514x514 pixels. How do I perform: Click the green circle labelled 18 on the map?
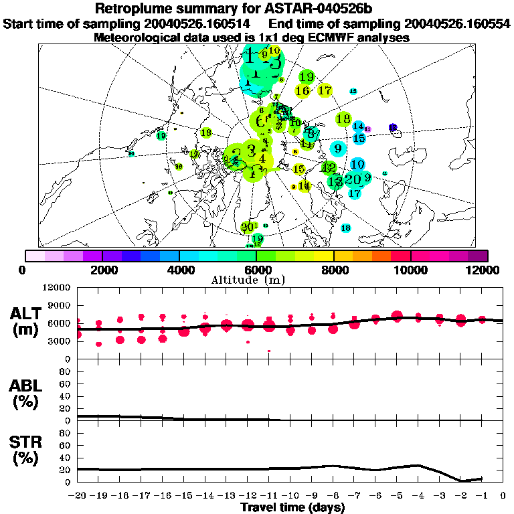343,119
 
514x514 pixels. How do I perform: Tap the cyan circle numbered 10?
357,164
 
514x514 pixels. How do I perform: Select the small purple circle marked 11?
367,128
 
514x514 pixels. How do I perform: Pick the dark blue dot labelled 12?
393,127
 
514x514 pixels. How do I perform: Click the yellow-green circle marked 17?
325,90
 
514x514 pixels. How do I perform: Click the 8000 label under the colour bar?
333,270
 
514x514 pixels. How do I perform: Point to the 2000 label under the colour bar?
102,270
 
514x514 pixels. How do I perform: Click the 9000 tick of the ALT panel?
58,305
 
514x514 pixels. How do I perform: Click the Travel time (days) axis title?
292,507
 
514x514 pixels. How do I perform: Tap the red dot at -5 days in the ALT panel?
397,316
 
